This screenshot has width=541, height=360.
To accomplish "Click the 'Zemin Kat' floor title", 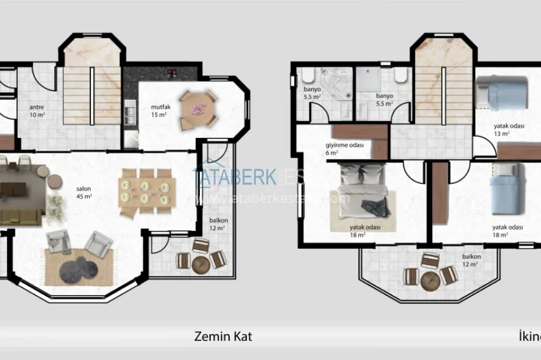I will point(223,336).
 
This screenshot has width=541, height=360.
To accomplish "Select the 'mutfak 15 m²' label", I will point(158,110).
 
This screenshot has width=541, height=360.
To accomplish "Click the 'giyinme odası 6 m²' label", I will point(344,149).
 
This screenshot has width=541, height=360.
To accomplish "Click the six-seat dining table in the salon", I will point(147,188).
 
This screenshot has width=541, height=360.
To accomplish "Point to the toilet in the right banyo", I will point(400,77).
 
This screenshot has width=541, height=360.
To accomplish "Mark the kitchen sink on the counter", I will point(130,114).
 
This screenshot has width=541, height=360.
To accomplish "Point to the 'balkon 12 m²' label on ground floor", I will point(218,224).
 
